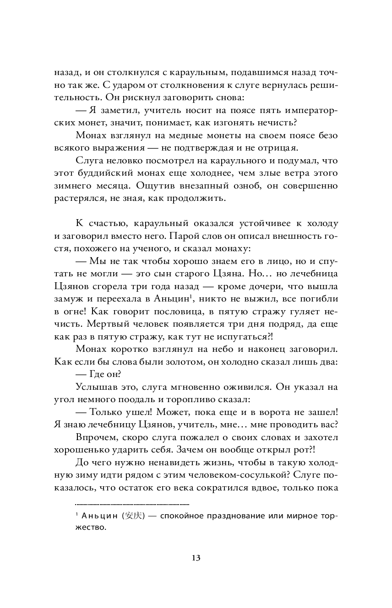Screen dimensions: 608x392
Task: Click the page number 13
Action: point(196,558)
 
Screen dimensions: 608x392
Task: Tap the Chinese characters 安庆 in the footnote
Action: point(136,516)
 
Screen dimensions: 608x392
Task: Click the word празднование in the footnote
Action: point(228,516)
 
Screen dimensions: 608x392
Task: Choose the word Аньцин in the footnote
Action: point(99,516)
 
